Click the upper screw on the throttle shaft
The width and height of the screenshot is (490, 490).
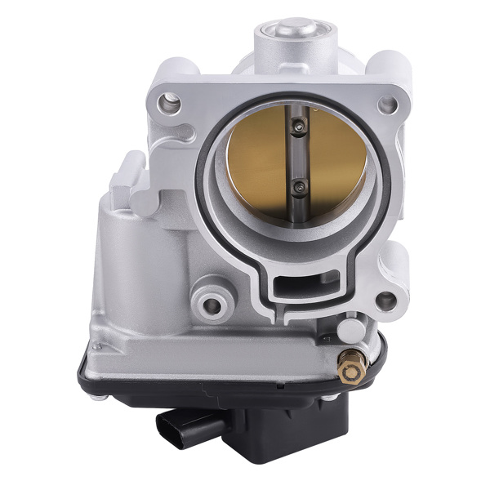coord(298,125)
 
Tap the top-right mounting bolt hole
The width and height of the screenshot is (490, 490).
coord(389,105)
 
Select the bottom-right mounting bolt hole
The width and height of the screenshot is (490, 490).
coord(385,301)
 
